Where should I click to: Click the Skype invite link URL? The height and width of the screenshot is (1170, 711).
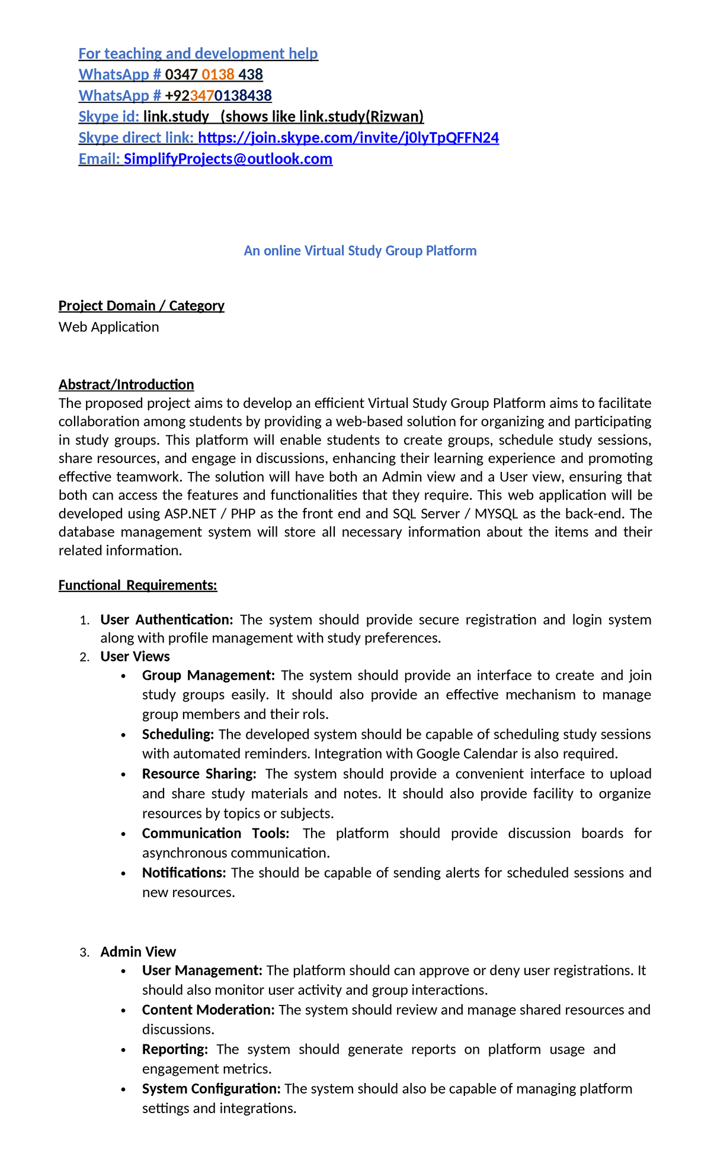click(x=348, y=138)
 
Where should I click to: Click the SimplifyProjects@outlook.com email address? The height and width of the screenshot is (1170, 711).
click(x=228, y=159)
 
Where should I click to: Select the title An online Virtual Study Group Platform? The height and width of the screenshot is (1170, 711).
click(x=360, y=250)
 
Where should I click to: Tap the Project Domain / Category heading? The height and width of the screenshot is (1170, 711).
click(x=141, y=306)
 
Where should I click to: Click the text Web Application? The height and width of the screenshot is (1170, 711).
click(x=108, y=327)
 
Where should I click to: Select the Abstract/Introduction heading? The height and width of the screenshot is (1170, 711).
click(x=126, y=385)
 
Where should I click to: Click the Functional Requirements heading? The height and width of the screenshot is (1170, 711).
click(x=137, y=586)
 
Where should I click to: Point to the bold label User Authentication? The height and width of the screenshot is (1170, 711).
click(x=166, y=620)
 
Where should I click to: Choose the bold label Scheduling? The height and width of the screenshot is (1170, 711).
click(x=178, y=735)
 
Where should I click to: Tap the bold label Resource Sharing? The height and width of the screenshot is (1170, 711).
click(x=199, y=774)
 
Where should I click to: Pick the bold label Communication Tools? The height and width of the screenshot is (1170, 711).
click(x=215, y=834)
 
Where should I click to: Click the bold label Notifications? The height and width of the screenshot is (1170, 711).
click(x=184, y=873)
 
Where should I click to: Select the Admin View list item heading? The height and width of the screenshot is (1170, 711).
click(x=138, y=952)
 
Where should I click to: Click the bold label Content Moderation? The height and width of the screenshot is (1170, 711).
click(x=208, y=1010)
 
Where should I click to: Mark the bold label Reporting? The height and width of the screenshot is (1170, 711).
click(x=175, y=1049)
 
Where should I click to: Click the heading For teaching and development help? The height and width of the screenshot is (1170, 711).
click(x=198, y=54)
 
